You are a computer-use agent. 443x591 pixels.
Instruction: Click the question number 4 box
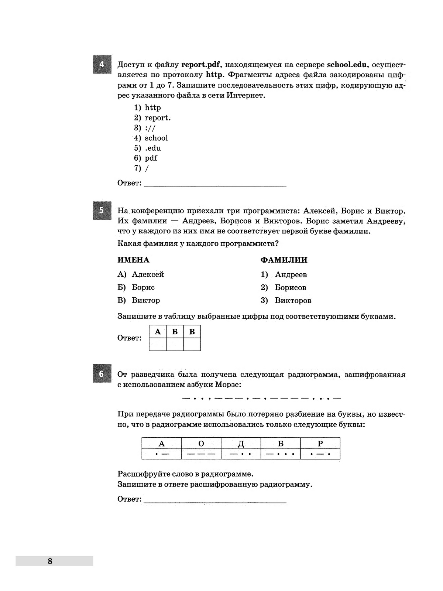pyautogui.click(x=102, y=64)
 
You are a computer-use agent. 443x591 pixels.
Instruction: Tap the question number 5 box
pyautogui.click(x=102, y=211)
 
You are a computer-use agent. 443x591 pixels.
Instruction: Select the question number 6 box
pyautogui.click(x=102, y=374)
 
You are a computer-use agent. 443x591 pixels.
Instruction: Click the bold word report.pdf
pyautogui.click(x=201, y=65)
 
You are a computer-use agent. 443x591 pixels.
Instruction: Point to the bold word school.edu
pyautogui.click(x=347, y=65)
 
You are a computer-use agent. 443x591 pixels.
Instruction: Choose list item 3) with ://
pyautogui.click(x=145, y=128)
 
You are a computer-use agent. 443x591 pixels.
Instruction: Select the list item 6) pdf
pyautogui.click(x=146, y=158)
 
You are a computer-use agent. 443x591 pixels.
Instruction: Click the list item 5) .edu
pyautogui.click(x=148, y=148)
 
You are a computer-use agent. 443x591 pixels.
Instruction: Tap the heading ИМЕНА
pyautogui.click(x=133, y=260)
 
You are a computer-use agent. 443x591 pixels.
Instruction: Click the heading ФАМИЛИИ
pyautogui.click(x=284, y=260)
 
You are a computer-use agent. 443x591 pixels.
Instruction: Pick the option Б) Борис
pyautogui.click(x=136, y=287)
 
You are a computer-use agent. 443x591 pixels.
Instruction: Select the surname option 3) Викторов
pyautogui.click(x=286, y=300)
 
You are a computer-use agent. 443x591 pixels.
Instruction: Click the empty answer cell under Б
pyautogui.click(x=175, y=344)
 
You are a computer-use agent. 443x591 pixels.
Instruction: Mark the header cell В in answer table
pyautogui.click(x=192, y=332)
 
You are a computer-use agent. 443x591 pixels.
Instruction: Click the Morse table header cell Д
pyautogui.click(x=241, y=444)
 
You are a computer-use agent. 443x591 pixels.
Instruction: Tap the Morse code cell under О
pyautogui.click(x=201, y=454)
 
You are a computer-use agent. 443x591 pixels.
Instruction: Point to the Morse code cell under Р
pyautogui.click(x=320, y=454)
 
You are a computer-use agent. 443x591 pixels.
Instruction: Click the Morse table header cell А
pyautogui.click(x=161, y=444)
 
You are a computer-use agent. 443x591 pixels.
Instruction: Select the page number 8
pyautogui.click(x=50, y=561)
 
